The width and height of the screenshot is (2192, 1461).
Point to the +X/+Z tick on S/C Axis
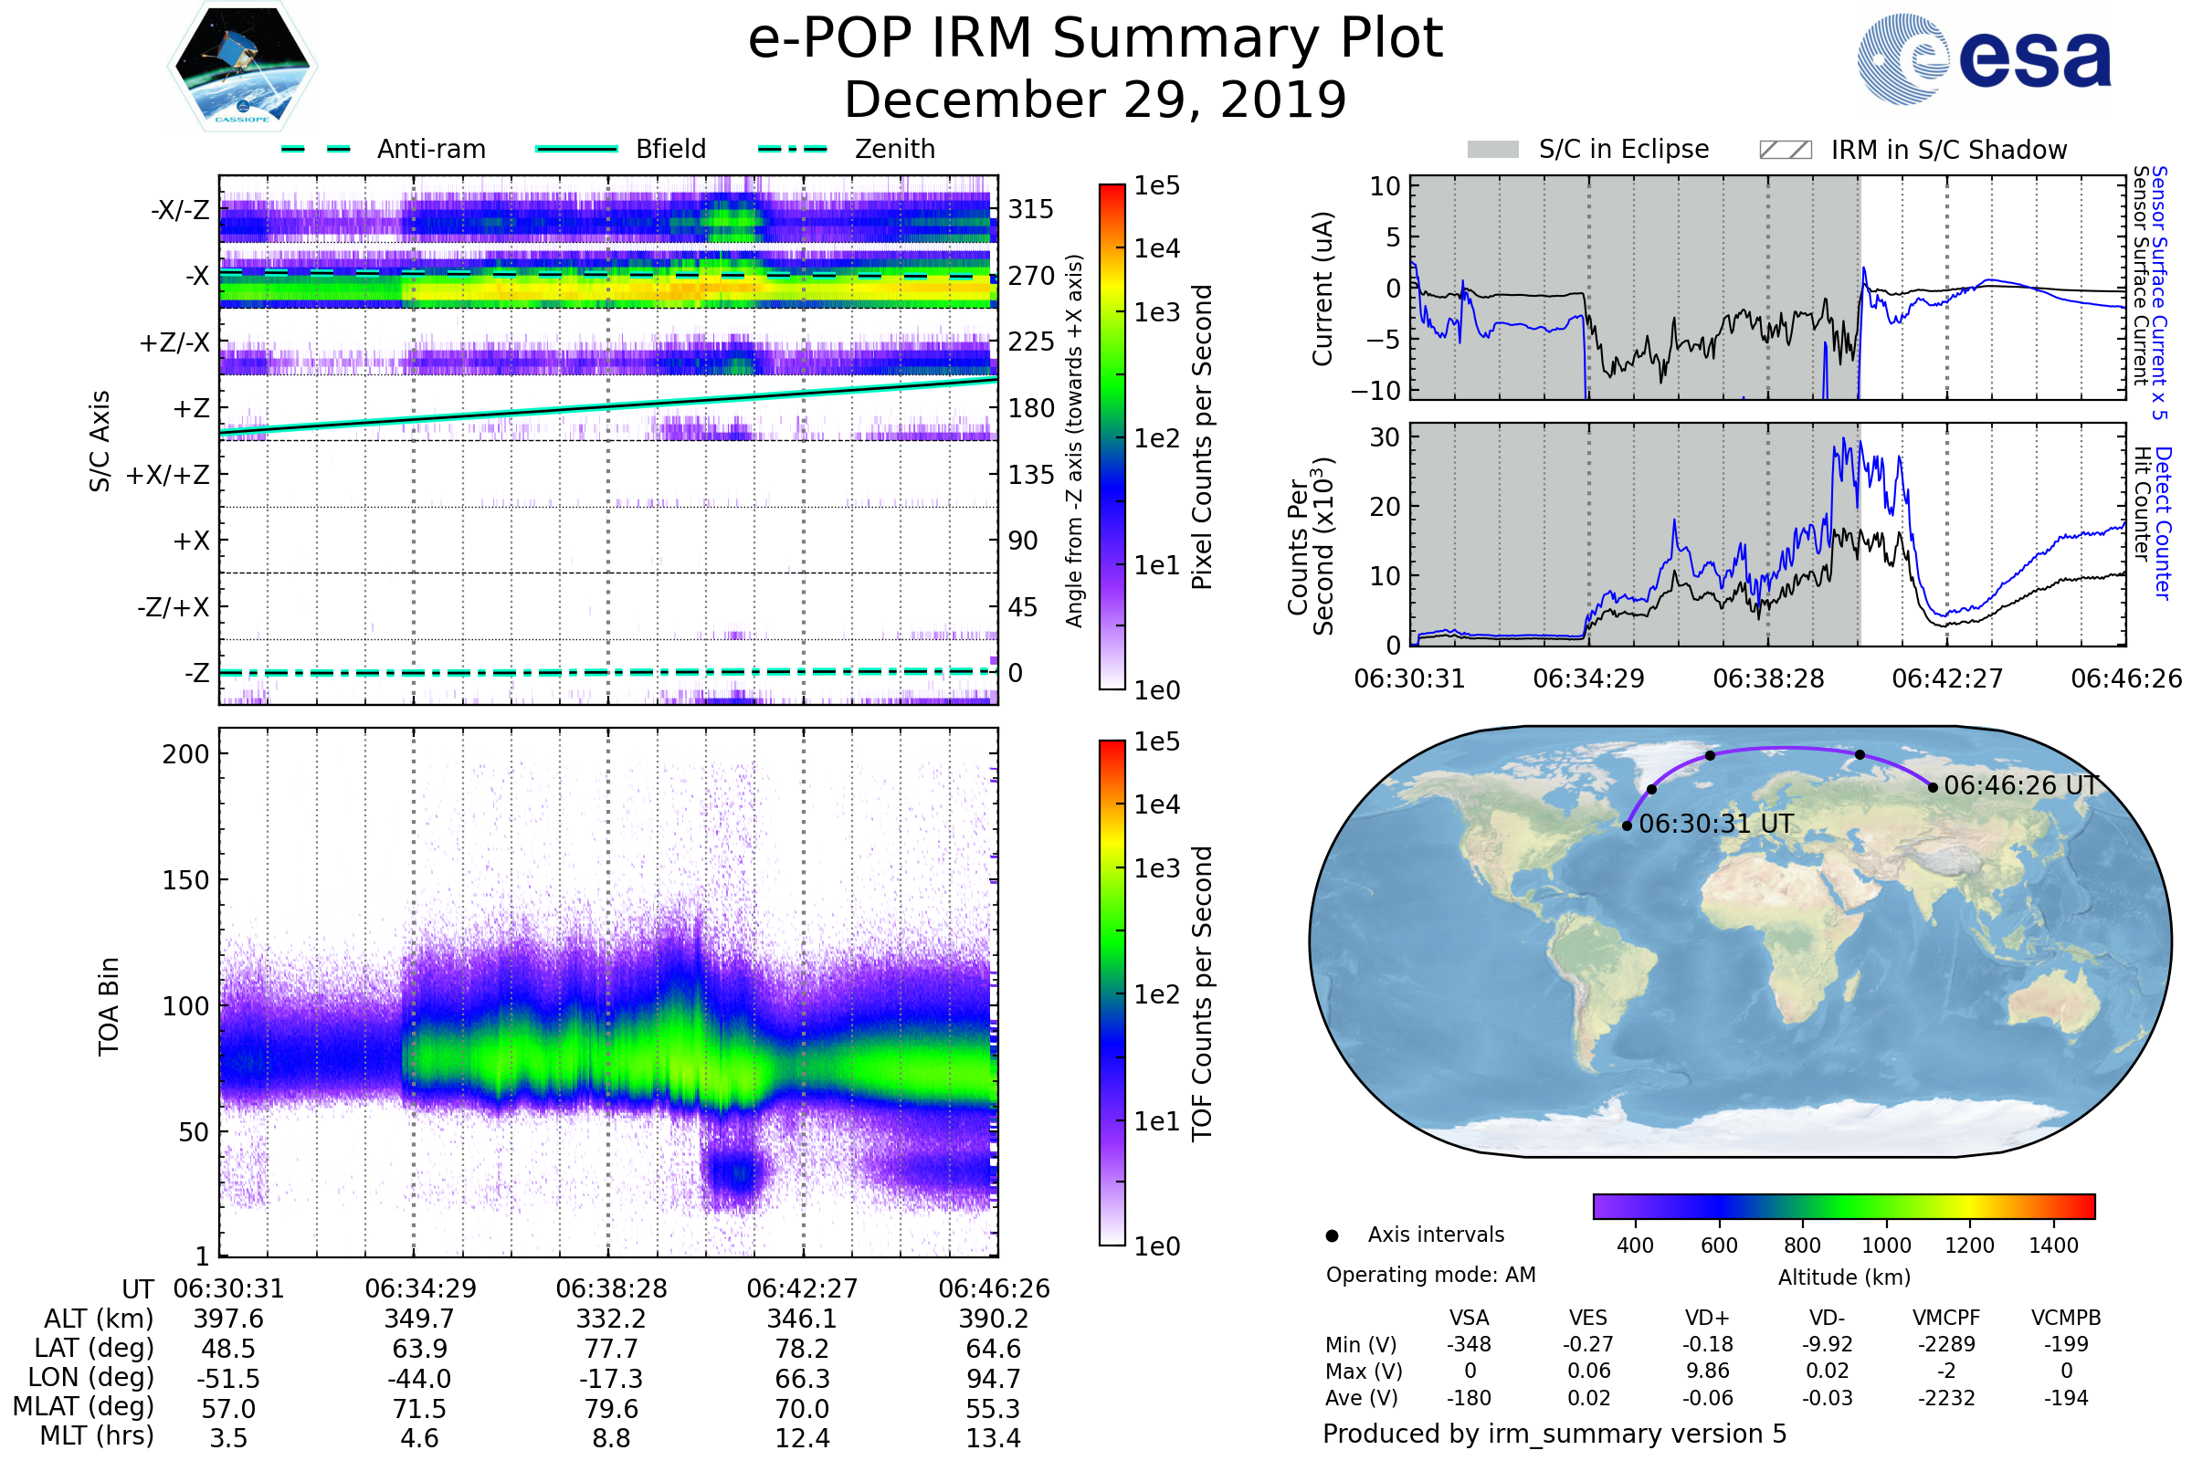(168, 475)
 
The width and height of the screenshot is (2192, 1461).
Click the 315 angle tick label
(1030, 209)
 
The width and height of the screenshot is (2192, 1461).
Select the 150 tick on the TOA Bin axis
(185, 880)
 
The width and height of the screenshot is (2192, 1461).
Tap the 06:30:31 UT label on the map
(1716, 824)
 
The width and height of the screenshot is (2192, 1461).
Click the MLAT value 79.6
(611, 1409)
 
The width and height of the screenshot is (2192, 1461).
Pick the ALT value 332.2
(611, 1319)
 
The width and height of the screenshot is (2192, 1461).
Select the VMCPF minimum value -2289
(1946, 1344)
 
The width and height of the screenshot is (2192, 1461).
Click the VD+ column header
(1707, 1318)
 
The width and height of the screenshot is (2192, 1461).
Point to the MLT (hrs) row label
(97, 1435)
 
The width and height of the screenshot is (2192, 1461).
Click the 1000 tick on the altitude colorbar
(1886, 1246)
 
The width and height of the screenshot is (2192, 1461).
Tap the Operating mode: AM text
(1430, 1275)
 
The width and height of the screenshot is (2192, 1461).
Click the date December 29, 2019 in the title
(1095, 100)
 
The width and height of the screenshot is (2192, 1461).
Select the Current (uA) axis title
(1323, 289)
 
